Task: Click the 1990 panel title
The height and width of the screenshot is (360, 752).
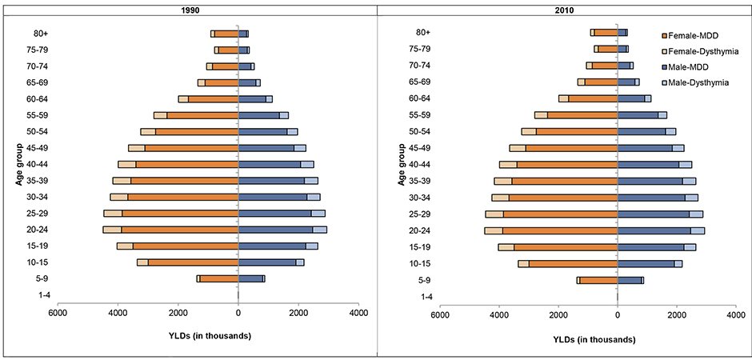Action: click(190, 10)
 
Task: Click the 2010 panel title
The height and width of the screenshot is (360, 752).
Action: click(566, 10)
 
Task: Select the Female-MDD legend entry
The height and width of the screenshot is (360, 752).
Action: click(690, 35)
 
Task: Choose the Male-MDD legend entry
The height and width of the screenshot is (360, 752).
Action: click(686, 67)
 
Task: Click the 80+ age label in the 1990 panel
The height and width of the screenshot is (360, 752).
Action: click(42, 34)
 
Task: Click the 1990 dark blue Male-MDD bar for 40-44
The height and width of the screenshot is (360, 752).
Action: click(270, 165)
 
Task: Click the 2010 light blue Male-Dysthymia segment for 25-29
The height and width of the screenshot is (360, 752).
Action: click(696, 214)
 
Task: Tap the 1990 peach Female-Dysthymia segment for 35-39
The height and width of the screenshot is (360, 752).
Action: click(122, 181)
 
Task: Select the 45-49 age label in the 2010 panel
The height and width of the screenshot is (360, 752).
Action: click(420, 148)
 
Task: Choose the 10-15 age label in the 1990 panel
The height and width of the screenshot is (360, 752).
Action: click(40, 262)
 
